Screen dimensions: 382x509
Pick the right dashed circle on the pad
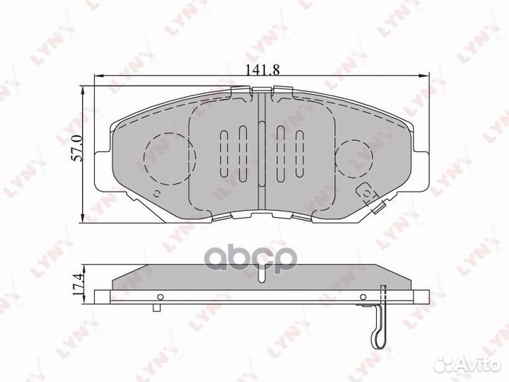click(356, 157)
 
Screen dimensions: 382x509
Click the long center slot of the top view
click(262, 153)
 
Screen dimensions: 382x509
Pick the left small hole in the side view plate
click(160, 296)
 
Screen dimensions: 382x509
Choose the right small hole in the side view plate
click(363, 296)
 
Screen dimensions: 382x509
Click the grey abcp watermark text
click(262, 261)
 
